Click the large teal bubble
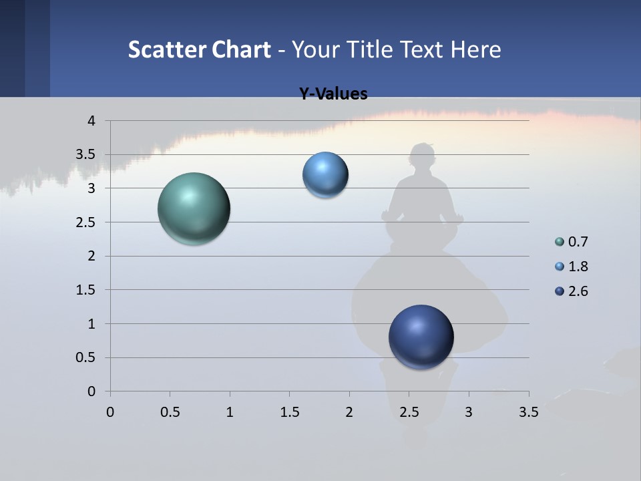(194, 208)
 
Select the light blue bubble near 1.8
(325, 175)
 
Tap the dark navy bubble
(421, 337)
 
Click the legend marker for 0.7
(560, 242)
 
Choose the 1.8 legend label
(578, 267)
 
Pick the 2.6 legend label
(578, 291)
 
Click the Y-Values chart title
(333, 94)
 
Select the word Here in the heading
(475, 49)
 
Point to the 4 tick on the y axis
(91, 121)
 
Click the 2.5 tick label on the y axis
(86, 222)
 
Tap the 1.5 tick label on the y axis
(86, 290)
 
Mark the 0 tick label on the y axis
(91, 391)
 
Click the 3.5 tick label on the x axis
(528, 412)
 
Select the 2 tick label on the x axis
(349, 412)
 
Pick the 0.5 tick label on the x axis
(170, 412)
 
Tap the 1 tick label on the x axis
(230, 412)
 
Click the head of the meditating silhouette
(422, 158)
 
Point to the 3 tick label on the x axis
(469, 412)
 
